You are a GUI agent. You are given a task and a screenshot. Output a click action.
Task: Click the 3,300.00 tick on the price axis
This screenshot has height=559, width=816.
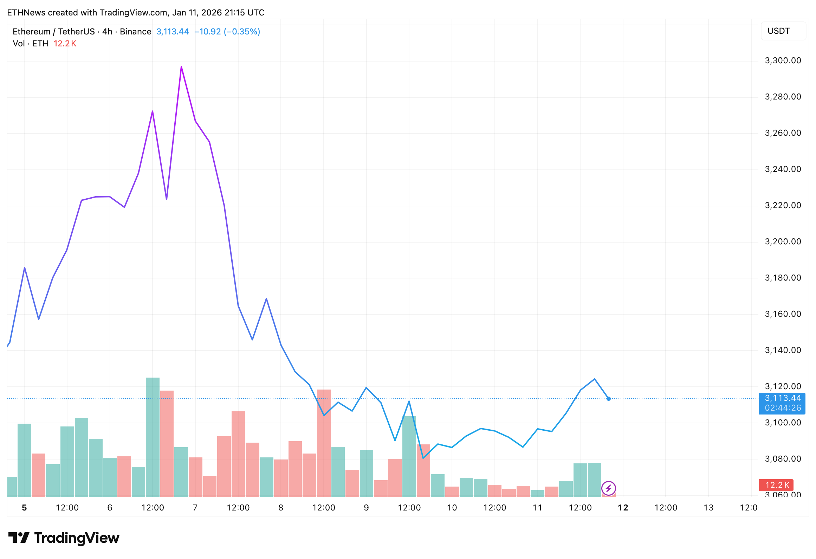coord(783,60)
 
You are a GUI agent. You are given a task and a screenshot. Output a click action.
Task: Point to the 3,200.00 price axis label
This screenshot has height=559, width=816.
coord(783,242)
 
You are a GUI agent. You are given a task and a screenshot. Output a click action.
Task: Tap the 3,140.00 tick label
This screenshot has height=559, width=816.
coord(783,350)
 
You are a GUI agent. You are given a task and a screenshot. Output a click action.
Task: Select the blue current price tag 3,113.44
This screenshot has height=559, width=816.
coord(783,398)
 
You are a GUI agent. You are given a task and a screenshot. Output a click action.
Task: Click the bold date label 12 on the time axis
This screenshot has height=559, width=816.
coord(623,508)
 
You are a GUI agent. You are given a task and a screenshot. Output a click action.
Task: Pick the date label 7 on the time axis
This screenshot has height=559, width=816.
coord(195,508)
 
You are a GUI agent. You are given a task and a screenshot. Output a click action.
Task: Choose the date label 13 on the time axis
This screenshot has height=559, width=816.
coord(708,508)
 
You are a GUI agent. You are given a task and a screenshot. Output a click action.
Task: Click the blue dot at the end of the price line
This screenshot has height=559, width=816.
coord(609,399)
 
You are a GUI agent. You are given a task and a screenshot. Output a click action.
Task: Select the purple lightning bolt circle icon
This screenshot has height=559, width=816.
coord(608,488)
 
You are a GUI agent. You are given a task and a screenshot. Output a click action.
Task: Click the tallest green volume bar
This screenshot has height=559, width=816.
coord(153,436)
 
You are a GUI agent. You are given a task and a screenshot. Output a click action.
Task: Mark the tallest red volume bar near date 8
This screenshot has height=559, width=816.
coord(324,443)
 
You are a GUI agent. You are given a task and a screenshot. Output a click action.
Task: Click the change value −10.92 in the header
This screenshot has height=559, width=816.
coord(207,32)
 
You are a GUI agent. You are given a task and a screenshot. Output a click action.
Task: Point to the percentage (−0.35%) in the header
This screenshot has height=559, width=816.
coord(242,32)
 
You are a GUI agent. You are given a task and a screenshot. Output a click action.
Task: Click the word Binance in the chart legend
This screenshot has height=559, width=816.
coord(135,32)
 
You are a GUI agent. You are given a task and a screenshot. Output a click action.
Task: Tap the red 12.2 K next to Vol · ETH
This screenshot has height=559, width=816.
coord(65,44)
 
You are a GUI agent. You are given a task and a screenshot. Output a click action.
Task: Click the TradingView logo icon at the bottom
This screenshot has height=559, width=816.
coord(19,538)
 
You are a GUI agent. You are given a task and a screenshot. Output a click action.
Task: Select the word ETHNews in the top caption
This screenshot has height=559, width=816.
coord(26,13)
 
